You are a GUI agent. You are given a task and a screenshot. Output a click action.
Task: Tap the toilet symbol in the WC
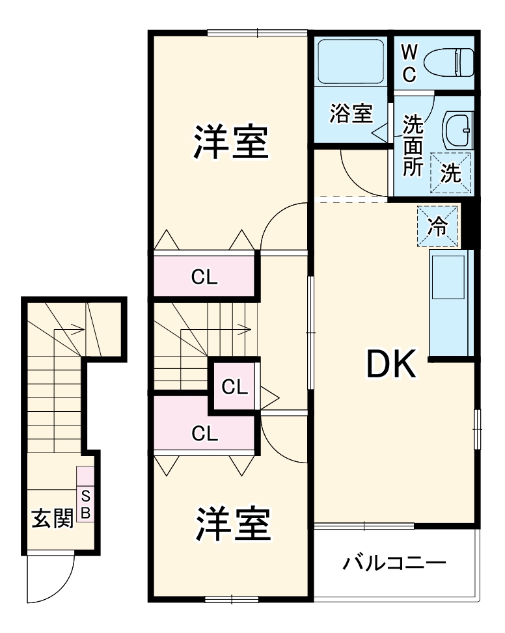tap(448, 62)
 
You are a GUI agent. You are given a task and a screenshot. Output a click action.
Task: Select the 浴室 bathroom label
tap(351, 114)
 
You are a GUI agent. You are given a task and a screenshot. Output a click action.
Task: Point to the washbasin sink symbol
tap(458, 129)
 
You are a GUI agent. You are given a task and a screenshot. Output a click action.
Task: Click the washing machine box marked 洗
tap(451, 172)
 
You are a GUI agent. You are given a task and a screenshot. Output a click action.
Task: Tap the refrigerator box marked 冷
tap(437, 226)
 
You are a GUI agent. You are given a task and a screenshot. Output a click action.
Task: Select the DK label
tap(390, 366)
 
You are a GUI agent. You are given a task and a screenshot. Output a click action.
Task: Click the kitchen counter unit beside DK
tap(450, 304)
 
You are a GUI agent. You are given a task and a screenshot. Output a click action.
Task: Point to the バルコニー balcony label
tap(394, 562)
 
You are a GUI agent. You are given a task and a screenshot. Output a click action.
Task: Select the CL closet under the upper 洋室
tap(204, 277)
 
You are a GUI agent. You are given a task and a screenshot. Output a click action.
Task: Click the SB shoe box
tap(85, 503)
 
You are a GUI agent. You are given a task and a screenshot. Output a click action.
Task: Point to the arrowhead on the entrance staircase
tap(80, 329)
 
